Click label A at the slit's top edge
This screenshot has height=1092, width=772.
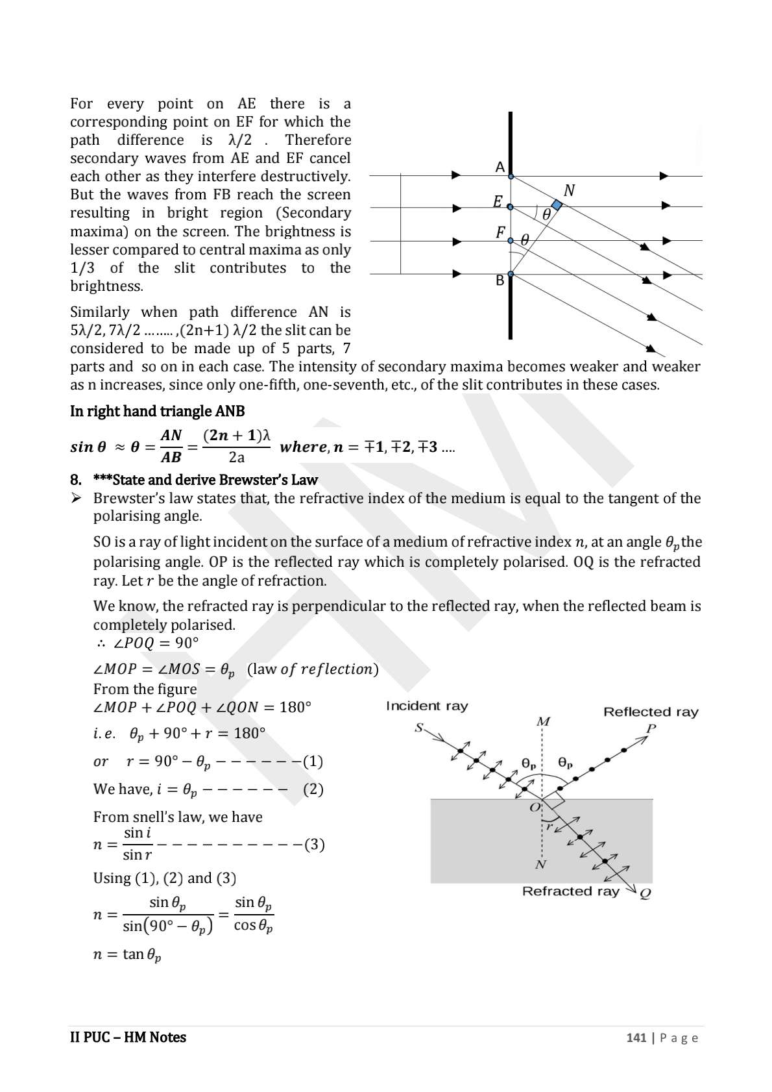pyautogui.click(x=500, y=167)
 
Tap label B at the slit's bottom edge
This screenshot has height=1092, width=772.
pyautogui.click(x=500, y=280)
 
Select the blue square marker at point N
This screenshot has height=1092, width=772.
pyautogui.click(x=556, y=205)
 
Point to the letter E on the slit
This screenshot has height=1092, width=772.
pyautogui.click(x=498, y=202)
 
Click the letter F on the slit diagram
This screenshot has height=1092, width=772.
pyautogui.click(x=500, y=232)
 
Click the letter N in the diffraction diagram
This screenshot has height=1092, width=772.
pyautogui.click(x=569, y=190)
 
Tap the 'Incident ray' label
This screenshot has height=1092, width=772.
pyautogui.click(x=427, y=706)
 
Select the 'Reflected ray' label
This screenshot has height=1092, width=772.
pyautogui.click(x=651, y=712)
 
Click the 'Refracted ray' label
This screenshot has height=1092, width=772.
pyautogui.click(x=570, y=891)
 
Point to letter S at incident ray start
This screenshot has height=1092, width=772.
pyautogui.click(x=419, y=728)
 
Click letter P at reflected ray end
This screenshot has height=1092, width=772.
pyautogui.click(x=651, y=728)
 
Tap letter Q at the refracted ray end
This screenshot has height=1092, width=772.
pyautogui.click(x=645, y=894)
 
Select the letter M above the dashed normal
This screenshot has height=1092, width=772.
pyautogui.click(x=543, y=722)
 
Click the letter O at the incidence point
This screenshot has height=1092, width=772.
pyautogui.click(x=535, y=808)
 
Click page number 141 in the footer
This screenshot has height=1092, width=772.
pyautogui.click(x=636, y=1037)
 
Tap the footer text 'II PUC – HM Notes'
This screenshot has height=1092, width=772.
pyautogui.click(x=128, y=1037)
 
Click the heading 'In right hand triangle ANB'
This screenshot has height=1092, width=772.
pyautogui.click(x=158, y=411)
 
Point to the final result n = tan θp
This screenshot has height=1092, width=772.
pyautogui.click(x=127, y=955)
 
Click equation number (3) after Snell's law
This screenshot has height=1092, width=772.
pyautogui.click(x=314, y=845)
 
